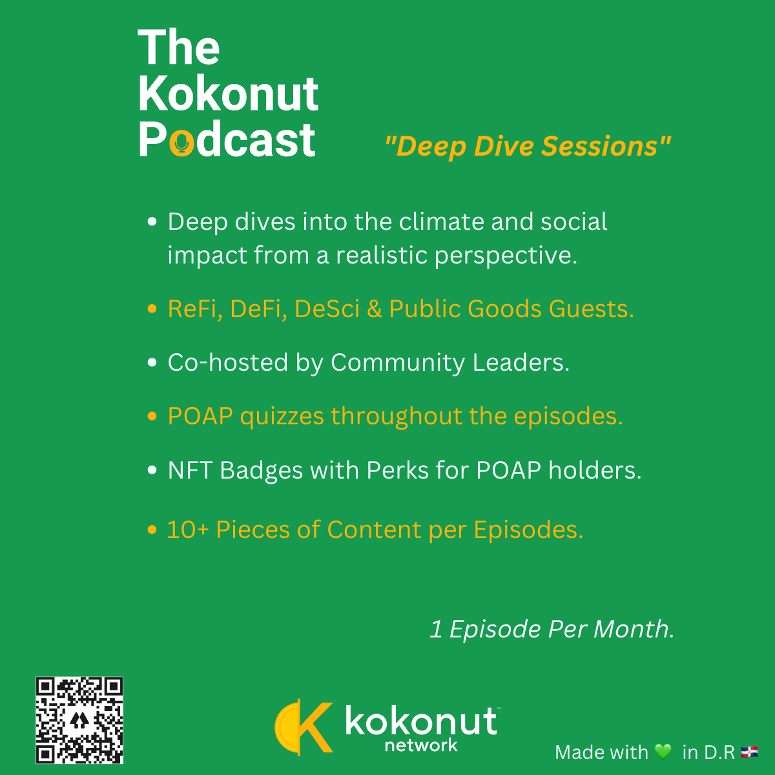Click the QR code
click(x=79, y=720)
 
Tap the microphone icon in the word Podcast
click(x=181, y=143)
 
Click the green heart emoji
click(x=663, y=751)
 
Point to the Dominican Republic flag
click(x=749, y=751)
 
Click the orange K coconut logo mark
click(x=304, y=727)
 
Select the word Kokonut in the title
click(x=229, y=94)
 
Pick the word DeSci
click(x=327, y=309)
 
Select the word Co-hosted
click(x=228, y=362)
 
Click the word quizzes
click(x=282, y=417)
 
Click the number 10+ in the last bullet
click(x=188, y=530)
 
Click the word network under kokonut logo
click(x=421, y=745)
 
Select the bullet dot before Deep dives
click(x=152, y=222)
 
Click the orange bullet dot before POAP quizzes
click(x=152, y=416)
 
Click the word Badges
click(x=261, y=471)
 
